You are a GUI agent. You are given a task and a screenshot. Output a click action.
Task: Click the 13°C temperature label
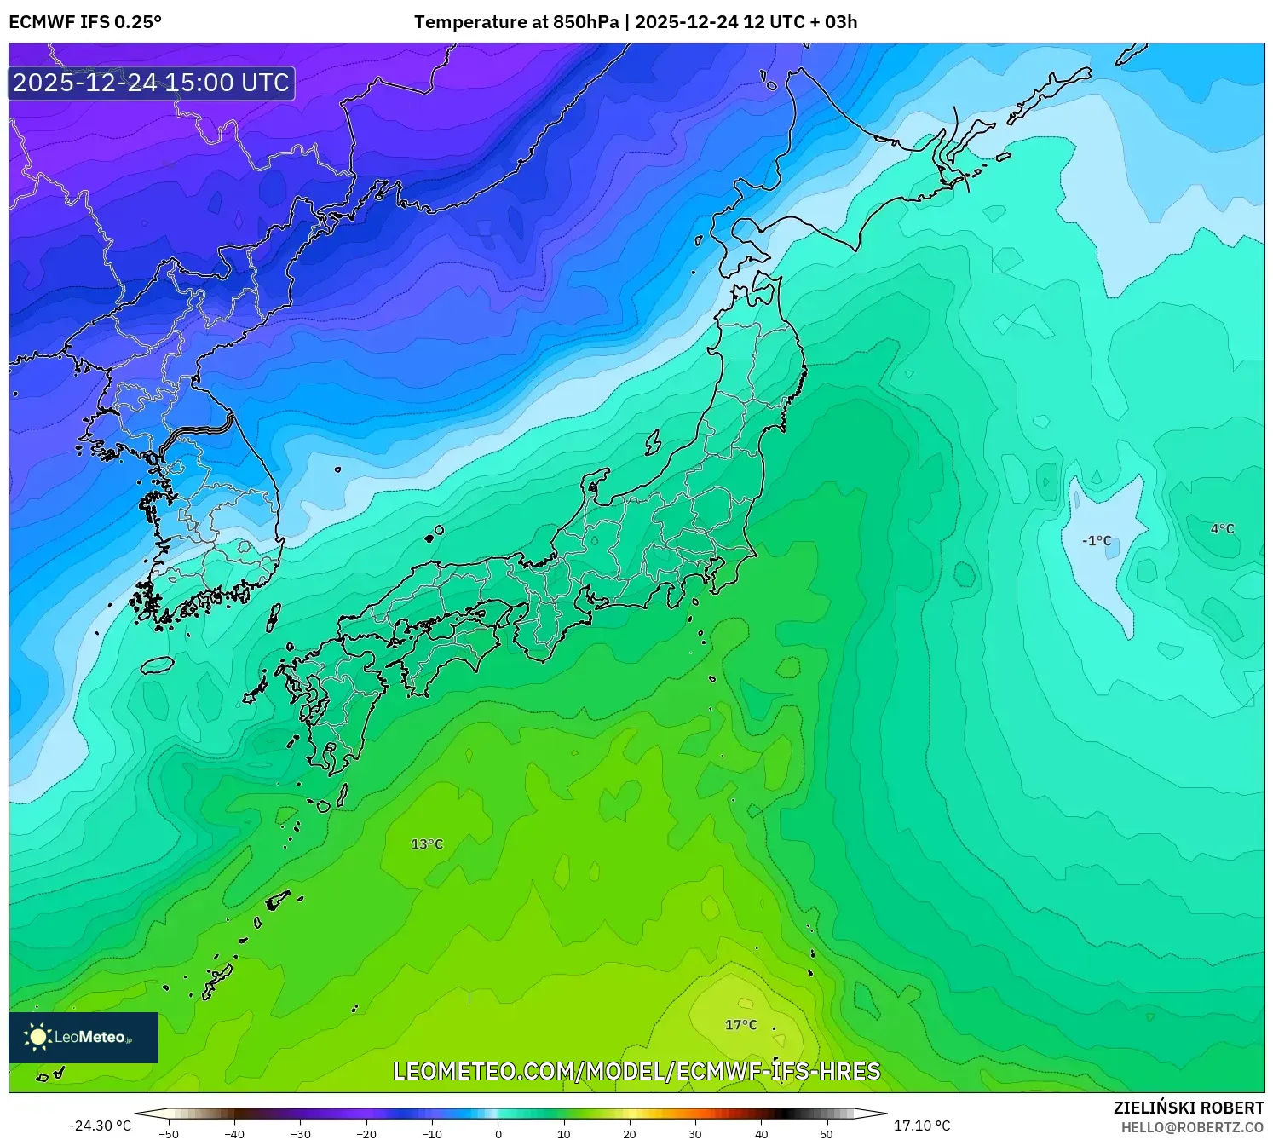coord(427,844)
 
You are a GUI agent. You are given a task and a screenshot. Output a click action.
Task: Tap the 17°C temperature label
coord(740,1025)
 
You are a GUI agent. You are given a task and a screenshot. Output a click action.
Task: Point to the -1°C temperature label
coord(1097,541)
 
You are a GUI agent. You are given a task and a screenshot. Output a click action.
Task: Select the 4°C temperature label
coord(1222,529)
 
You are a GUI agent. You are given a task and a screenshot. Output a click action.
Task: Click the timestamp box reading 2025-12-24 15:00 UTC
coord(152,83)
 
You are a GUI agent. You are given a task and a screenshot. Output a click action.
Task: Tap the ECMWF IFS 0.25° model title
coord(85,22)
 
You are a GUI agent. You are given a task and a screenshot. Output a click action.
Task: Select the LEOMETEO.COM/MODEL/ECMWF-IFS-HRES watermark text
coord(636,1072)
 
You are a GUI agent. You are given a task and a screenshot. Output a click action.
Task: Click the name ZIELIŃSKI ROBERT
coord(1188,1108)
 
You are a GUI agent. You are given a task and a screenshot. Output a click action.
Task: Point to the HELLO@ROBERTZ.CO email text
coord(1192,1127)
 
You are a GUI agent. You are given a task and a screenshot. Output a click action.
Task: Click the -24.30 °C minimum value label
coord(101,1126)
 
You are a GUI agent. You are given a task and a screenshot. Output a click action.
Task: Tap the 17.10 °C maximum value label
coord(922,1126)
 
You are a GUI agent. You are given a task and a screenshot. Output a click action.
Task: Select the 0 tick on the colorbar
coord(498,1134)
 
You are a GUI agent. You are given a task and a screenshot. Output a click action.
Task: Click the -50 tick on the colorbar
coord(169,1134)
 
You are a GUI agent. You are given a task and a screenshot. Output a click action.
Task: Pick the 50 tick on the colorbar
coord(827,1134)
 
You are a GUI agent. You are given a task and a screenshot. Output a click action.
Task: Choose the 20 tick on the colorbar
coord(630,1134)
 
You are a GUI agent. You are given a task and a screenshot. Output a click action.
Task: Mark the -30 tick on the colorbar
coord(301,1134)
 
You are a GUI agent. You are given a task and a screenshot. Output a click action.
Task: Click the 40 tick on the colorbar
coord(761,1134)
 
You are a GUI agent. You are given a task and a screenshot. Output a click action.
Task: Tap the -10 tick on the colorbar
coord(432,1134)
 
